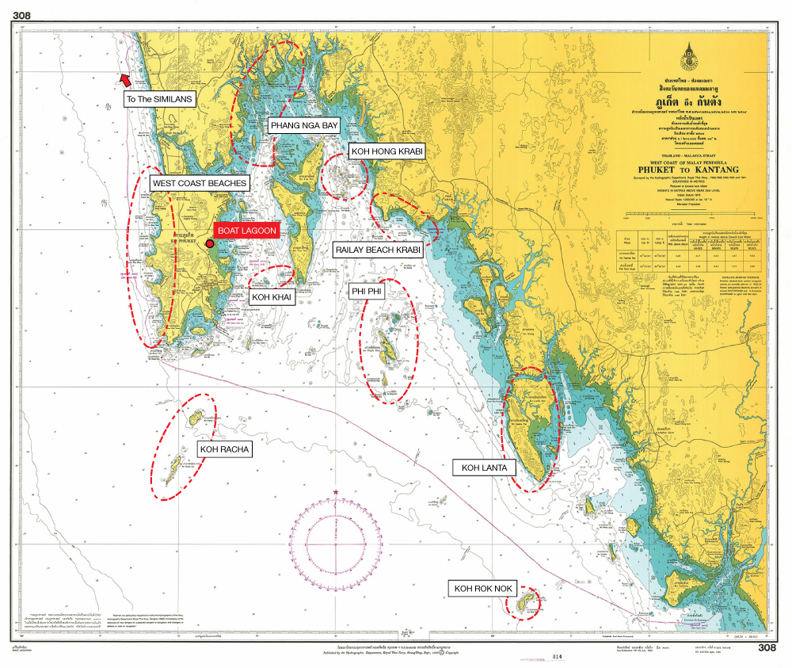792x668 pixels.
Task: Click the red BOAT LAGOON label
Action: (x=247, y=231)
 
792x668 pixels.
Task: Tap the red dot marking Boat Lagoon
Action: (x=210, y=243)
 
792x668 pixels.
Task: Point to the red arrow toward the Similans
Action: (x=124, y=78)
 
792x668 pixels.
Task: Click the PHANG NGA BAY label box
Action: (x=304, y=125)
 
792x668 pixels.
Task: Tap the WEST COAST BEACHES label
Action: (x=200, y=183)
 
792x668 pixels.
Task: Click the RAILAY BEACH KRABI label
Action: (x=378, y=250)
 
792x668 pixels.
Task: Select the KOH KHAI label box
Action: (x=272, y=297)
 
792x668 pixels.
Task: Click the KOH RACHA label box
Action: (x=224, y=449)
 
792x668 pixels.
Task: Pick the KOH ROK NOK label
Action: (x=482, y=588)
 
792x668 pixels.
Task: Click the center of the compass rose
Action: (x=336, y=544)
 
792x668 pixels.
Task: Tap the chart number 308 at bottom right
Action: (x=766, y=647)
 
